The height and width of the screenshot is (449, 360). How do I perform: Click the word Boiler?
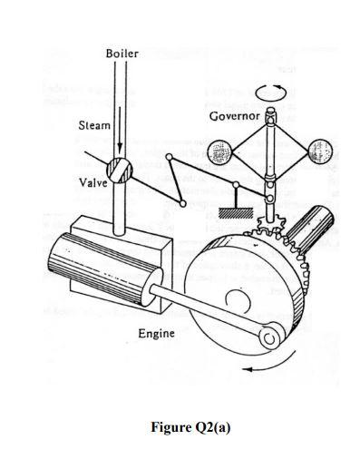[121, 54]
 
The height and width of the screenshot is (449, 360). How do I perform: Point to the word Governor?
[234, 118]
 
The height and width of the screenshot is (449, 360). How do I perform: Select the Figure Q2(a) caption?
[180, 427]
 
